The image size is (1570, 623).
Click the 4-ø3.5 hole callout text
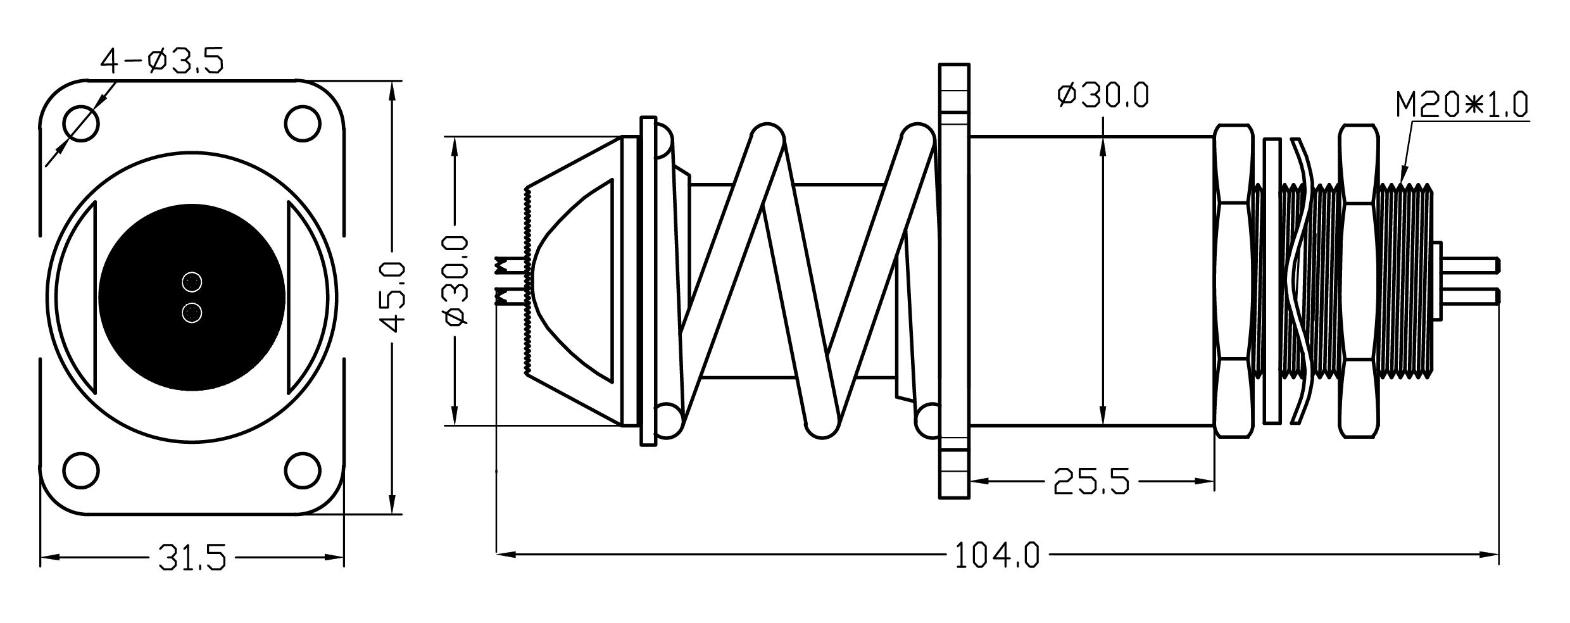(x=162, y=61)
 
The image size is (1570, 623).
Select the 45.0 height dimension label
(x=393, y=297)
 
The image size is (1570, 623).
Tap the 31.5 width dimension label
(x=191, y=557)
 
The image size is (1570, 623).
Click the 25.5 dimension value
(x=1091, y=482)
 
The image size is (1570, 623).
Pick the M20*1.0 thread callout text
(x=1462, y=106)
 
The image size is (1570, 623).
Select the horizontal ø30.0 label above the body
(x=1103, y=96)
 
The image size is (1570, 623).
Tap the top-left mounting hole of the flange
(x=82, y=123)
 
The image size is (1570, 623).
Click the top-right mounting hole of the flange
(x=302, y=123)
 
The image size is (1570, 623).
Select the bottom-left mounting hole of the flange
(x=82, y=470)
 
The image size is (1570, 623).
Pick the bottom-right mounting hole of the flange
(x=302, y=470)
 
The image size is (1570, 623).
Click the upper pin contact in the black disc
(x=192, y=282)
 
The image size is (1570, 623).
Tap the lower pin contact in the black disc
(x=192, y=313)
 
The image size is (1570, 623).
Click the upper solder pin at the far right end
(x=1470, y=263)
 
